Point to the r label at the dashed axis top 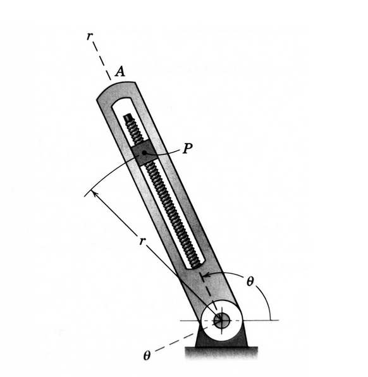tap(90, 36)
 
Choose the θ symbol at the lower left tap(147, 355)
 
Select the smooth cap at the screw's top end tap(128, 118)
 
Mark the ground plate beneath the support tap(221, 349)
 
